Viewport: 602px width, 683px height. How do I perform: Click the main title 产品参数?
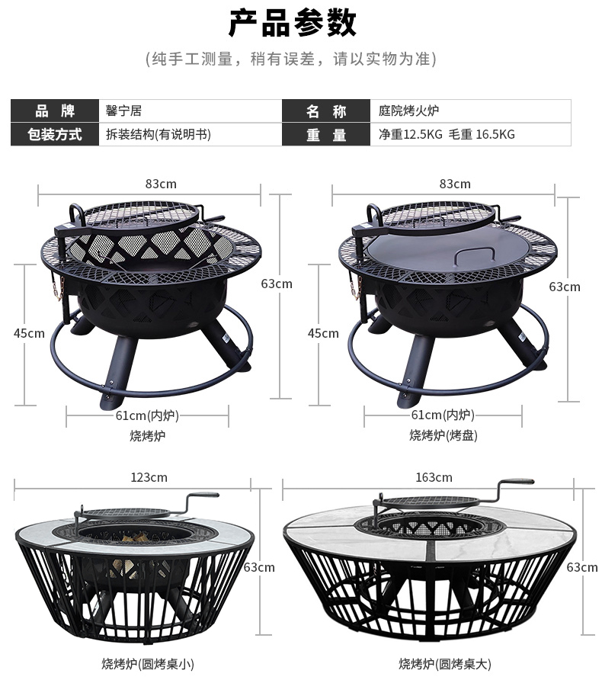point(293,23)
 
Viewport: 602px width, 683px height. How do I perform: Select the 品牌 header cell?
point(55,111)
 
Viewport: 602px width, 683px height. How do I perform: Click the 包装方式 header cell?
point(55,134)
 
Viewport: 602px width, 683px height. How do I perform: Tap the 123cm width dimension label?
point(149,477)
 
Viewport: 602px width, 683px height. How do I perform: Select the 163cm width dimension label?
point(434,477)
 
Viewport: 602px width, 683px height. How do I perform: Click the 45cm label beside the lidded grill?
point(323,333)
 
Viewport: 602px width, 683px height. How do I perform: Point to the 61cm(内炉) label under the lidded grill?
point(443,415)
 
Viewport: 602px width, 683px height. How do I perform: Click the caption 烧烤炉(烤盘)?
point(443,435)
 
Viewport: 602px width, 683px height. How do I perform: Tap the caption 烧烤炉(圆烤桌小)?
point(148,664)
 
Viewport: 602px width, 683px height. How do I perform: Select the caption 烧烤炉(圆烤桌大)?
point(445,664)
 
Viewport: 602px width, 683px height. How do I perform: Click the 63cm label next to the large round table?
point(582,567)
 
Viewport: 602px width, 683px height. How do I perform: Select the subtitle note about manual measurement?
point(291,59)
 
